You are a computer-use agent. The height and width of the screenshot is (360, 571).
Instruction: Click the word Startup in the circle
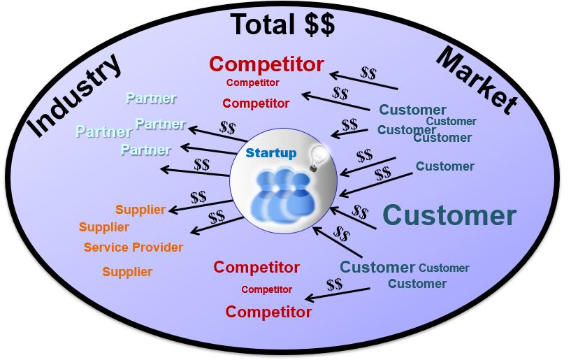(x=270, y=152)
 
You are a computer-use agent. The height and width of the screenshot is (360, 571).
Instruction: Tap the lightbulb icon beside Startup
(x=319, y=154)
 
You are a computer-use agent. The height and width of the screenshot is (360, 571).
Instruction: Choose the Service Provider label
(x=133, y=247)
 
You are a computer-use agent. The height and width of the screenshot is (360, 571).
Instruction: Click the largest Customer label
(x=449, y=215)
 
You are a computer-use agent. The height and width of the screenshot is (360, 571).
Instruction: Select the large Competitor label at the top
(x=266, y=64)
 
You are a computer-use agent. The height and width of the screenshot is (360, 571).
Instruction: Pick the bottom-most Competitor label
(x=268, y=312)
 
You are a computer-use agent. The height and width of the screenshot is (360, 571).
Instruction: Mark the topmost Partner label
(x=151, y=99)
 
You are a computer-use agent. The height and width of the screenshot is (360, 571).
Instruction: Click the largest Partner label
(x=103, y=131)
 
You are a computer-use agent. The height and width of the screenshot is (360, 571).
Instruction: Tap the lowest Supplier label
(x=127, y=272)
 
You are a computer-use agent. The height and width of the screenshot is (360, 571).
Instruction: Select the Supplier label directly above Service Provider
(x=104, y=227)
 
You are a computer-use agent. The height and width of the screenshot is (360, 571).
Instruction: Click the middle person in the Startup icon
(x=282, y=192)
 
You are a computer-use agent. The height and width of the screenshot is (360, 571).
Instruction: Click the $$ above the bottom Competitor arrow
(x=334, y=284)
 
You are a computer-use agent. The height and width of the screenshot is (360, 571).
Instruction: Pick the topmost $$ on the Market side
(x=369, y=72)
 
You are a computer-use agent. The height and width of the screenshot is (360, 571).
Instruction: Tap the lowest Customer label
(x=417, y=283)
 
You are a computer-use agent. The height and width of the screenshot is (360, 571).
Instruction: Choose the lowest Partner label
(x=145, y=150)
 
